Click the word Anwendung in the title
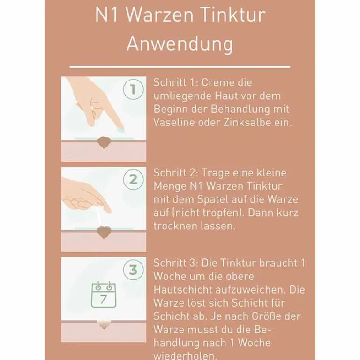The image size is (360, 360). click(x=180, y=44)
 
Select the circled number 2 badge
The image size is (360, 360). click(x=134, y=179)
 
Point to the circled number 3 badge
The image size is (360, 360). click(x=134, y=270)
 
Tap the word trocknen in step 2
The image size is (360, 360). click(x=172, y=226)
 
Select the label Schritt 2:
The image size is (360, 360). click(x=173, y=173)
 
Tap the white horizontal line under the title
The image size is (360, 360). click(x=180, y=67)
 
